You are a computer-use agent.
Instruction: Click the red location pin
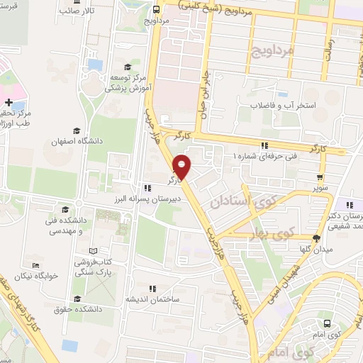tap(183, 168)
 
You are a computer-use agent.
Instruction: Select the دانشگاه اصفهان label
tap(77, 142)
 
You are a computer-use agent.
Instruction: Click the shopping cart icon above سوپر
tap(321, 177)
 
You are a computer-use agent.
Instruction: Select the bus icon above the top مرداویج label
tap(155, 9)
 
